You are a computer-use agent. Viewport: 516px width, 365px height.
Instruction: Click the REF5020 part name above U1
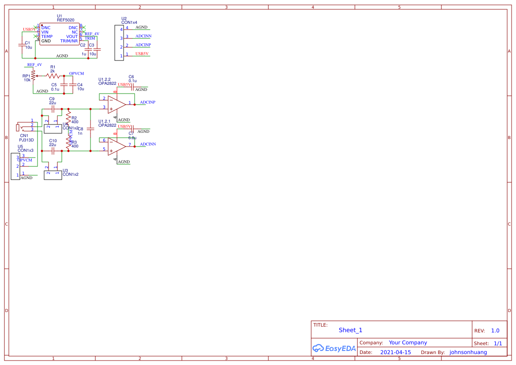65,20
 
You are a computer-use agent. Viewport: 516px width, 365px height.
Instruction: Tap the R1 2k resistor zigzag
53,76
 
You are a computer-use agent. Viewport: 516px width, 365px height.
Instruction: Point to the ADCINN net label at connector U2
143,36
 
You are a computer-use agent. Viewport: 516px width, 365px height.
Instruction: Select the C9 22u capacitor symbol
53,108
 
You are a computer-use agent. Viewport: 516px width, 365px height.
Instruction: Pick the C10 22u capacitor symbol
53,151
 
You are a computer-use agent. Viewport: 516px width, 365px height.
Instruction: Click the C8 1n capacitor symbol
90,129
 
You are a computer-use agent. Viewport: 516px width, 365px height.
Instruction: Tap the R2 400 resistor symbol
68,118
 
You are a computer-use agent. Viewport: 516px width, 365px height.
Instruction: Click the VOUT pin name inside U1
72,37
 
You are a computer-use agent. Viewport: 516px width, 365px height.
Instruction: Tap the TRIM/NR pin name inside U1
69,41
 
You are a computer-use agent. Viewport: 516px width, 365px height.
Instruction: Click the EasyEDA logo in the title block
334,348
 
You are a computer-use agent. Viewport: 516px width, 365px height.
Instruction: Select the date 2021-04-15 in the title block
395,352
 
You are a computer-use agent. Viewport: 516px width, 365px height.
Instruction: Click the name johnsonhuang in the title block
468,352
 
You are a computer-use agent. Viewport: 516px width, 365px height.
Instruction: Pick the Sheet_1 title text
350,330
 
